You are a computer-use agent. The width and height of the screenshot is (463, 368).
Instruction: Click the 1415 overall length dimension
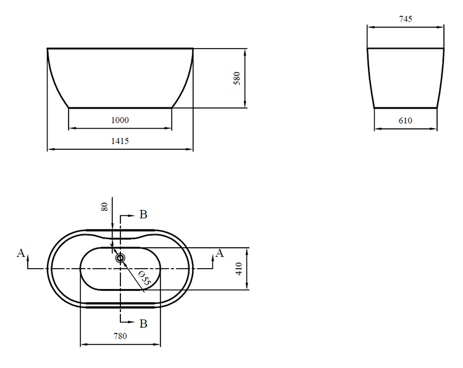[x=120, y=141]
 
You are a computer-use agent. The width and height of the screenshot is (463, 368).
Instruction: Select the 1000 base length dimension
[x=120, y=120]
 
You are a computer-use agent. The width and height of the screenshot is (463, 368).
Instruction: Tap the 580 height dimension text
[x=236, y=78]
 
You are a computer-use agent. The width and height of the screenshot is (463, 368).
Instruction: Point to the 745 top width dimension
[x=405, y=19]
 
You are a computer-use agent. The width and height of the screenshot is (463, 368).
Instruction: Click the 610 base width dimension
[x=405, y=121]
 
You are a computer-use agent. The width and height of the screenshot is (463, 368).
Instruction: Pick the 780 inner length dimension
[x=120, y=336]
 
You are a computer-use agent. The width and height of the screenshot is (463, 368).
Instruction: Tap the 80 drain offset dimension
[x=104, y=206]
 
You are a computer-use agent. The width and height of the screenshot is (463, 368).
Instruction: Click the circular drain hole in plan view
[x=120, y=258]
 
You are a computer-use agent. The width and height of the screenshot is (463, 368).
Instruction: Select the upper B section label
[x=143, y=215]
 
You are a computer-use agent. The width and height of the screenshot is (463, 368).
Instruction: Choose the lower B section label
[x=143, y=323]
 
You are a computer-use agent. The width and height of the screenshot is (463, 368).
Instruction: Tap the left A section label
[x=21, y=253]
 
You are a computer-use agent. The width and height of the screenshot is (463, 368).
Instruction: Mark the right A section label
[x=219, y=253]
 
